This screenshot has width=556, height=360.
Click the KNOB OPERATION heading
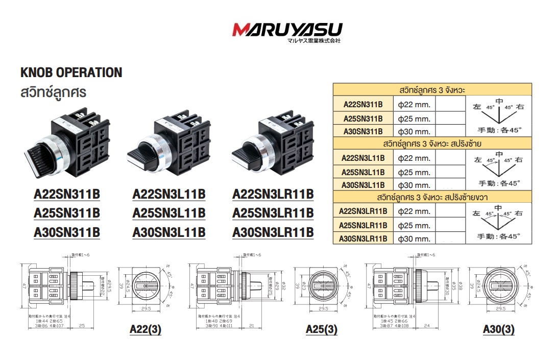pyautogui.click(x=71, y=73)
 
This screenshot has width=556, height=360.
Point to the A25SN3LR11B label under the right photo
pyautogui.click(x=273, y=213)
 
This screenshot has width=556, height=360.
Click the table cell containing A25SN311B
pyautogui.click(x=362, y=118)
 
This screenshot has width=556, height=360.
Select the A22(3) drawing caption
pyautogui.click(x=146, y=330)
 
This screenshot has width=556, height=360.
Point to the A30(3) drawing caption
pyautogui.click(x=499, y=330)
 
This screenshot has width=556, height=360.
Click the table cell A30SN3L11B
pyautogui.click(x=362, y=185)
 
